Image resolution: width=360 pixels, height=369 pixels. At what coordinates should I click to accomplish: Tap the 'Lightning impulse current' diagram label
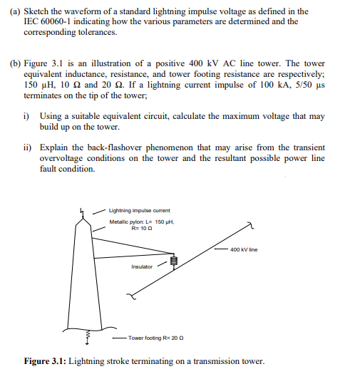click(139, 210)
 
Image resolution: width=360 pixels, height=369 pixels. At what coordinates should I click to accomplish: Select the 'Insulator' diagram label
click(141, 267)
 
